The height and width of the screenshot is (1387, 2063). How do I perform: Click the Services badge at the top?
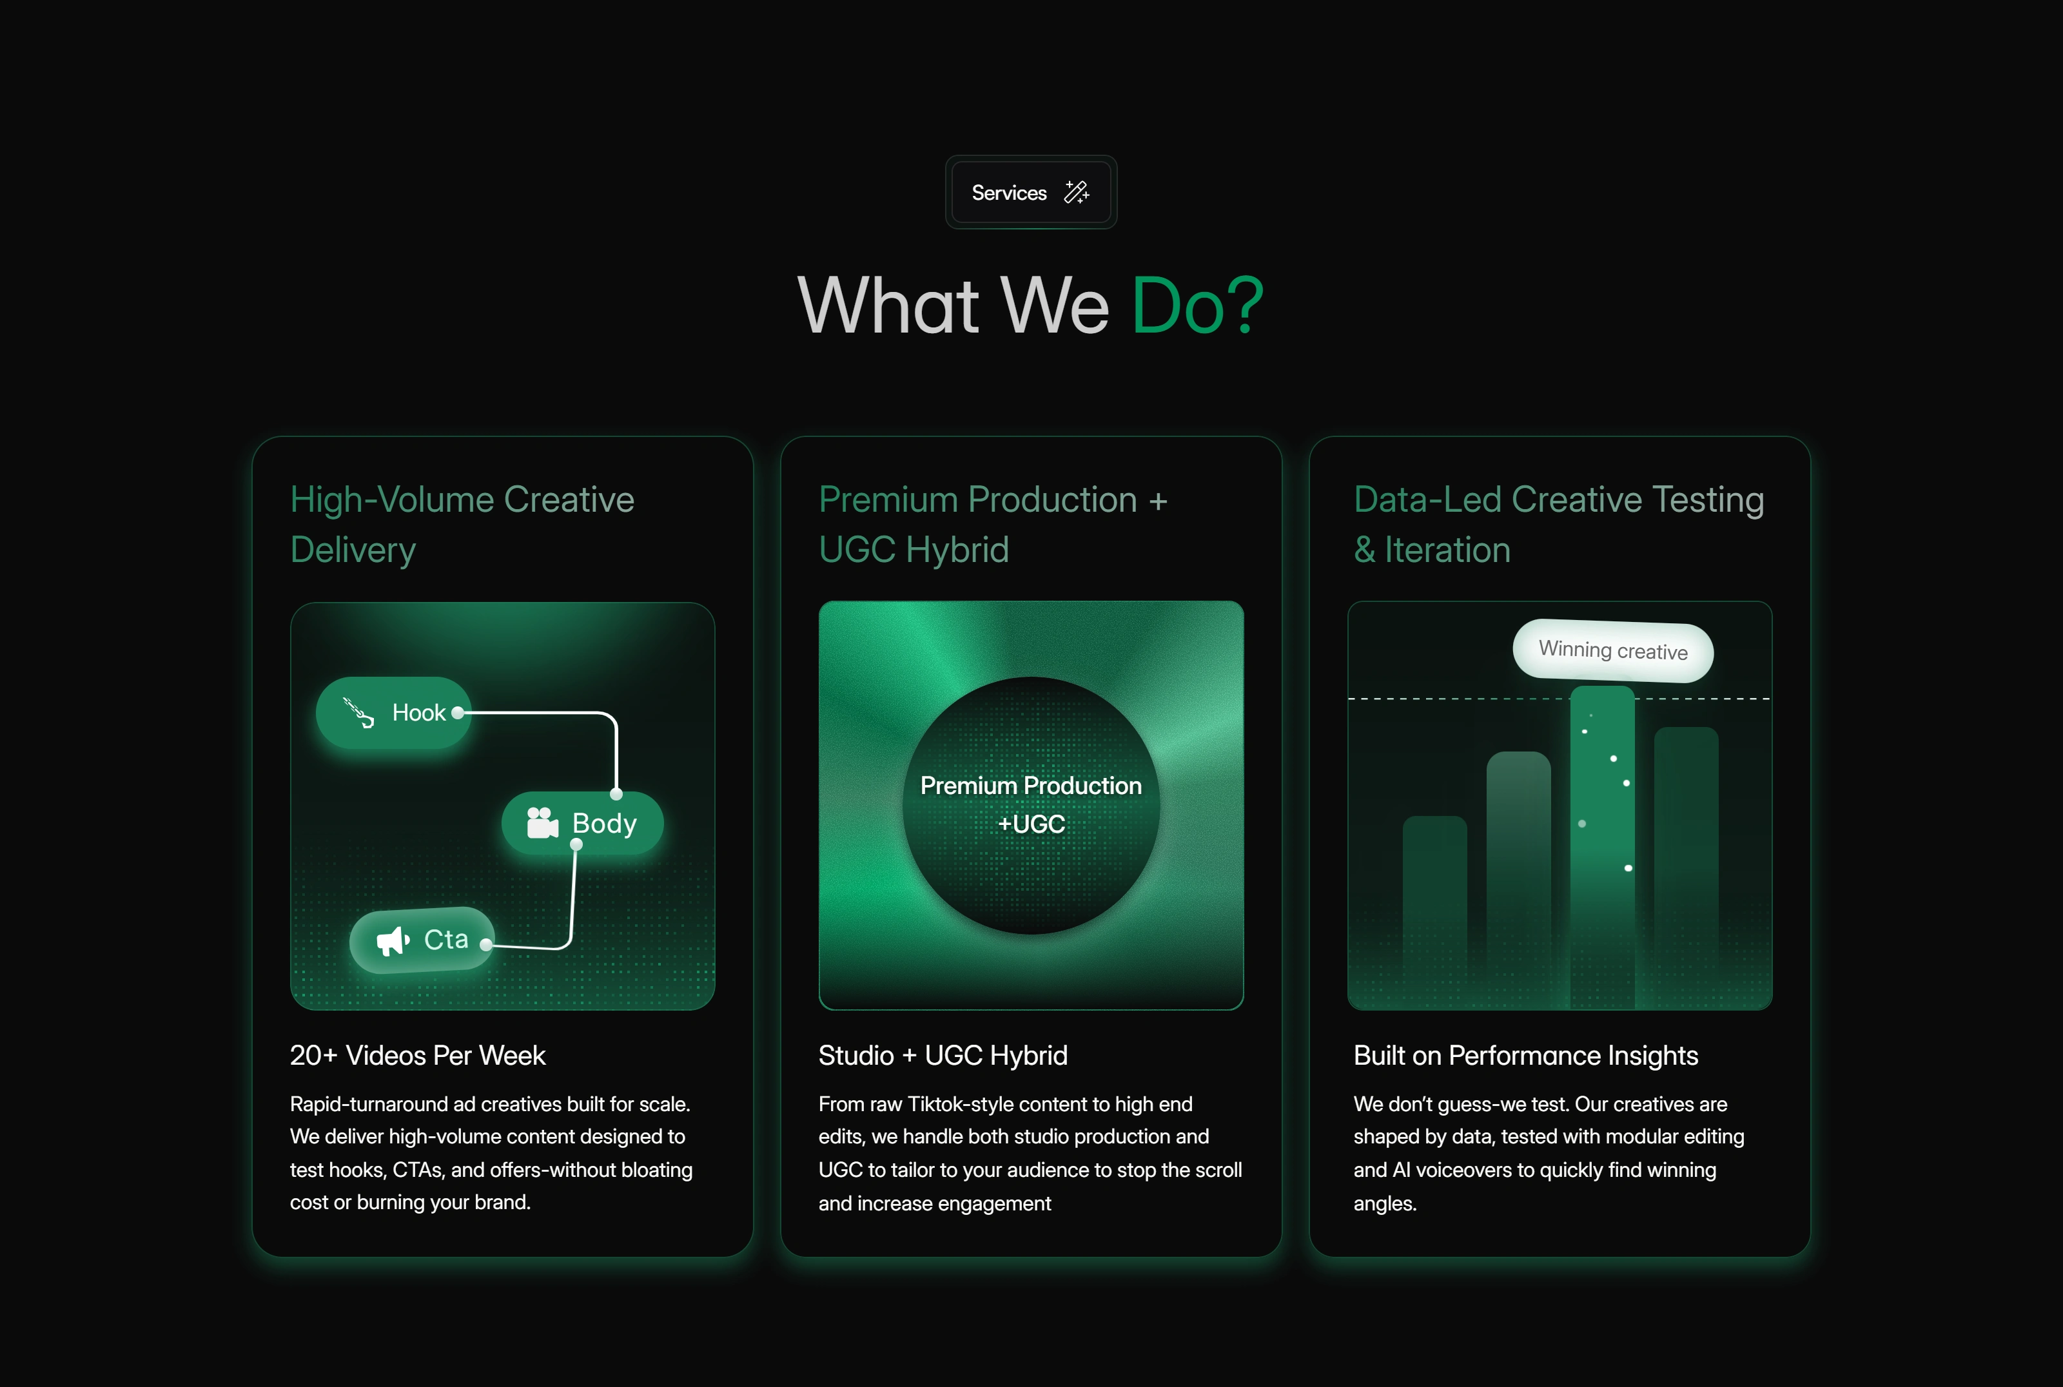1031,192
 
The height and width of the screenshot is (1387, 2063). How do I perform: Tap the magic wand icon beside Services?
1077,192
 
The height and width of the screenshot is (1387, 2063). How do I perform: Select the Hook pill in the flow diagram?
394,713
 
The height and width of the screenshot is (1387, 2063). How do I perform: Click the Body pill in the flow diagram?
582,824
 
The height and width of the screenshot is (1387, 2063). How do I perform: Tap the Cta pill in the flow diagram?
422,940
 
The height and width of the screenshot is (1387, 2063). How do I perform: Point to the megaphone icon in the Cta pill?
393,941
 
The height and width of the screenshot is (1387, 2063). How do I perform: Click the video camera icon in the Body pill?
542,822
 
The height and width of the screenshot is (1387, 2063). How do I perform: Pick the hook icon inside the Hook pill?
358,712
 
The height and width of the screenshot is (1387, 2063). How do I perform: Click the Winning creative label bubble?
1613,651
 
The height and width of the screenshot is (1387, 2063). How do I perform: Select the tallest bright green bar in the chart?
1602,848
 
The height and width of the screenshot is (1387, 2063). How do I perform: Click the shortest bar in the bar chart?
1435,911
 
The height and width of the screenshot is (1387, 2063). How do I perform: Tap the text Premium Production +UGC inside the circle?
1031,804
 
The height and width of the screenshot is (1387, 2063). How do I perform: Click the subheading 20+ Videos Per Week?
418,1055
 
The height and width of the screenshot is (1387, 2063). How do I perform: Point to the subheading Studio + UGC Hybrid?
943,1055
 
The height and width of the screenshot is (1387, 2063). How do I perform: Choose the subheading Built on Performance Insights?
1526,1055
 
